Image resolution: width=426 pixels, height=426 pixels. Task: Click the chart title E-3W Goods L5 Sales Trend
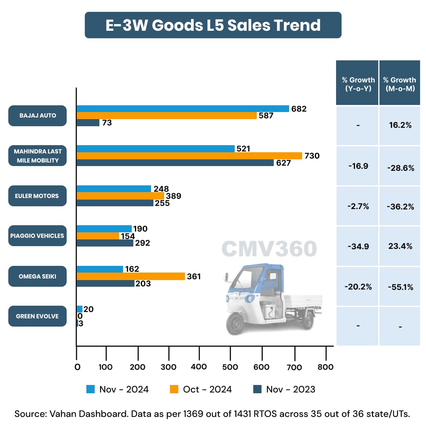click(213, 25)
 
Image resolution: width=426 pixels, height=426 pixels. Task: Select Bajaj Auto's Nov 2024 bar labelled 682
click(183, 109)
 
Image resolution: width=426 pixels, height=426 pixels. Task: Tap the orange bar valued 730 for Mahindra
click(189, 156)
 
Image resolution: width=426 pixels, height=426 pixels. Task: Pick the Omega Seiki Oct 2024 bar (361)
click(131, 277)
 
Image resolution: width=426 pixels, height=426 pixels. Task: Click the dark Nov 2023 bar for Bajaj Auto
click(88, 123)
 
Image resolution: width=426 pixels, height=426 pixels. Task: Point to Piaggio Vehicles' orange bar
click(98, 236)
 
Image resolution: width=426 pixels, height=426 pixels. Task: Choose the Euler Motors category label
click(37, 196)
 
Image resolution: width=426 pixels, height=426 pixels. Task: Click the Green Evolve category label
click(37, 316)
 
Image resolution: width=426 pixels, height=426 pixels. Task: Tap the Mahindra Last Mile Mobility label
click(37, 156)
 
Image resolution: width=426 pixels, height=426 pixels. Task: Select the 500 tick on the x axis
click(230, 367)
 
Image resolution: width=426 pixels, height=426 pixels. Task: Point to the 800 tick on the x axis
click(325, 367)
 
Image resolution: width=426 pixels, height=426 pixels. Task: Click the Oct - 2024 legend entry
click(201, 389)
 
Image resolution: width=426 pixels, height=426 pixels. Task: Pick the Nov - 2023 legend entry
click(284, 389)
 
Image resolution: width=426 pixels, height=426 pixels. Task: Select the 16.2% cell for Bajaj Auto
click(400, 125)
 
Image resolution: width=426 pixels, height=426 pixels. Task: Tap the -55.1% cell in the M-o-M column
click(400, 287)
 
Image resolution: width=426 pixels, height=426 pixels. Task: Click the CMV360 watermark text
click(269, 249)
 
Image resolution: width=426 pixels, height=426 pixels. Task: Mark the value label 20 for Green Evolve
click(88, 309)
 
